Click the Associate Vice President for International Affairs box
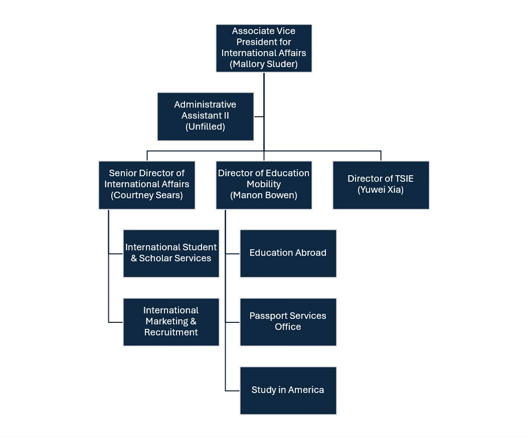[x=264, y=48]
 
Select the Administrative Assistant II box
[x=205, y=116]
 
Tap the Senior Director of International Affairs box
[x=146, y=184]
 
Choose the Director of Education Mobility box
[x=264, y=184]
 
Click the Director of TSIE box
[x=381, y=184]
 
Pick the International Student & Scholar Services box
[x=171, y=253]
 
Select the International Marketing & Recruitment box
[x=171, y=321]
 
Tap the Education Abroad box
[x=288, y=253]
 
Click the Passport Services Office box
[x=288, y=321]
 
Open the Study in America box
[x=288, y=390]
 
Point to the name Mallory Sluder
[x=264, y=64]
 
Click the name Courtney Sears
[x=146, y=195]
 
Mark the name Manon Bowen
[x=264, y=195]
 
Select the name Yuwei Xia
[x=381, y=190]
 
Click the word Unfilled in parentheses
[x=205, y=127]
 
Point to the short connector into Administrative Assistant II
[x=259, y=117]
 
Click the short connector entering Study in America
[x=233, y=390]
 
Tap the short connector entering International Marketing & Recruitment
[x=116, y=322]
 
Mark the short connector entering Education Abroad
[x=233, y=254]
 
